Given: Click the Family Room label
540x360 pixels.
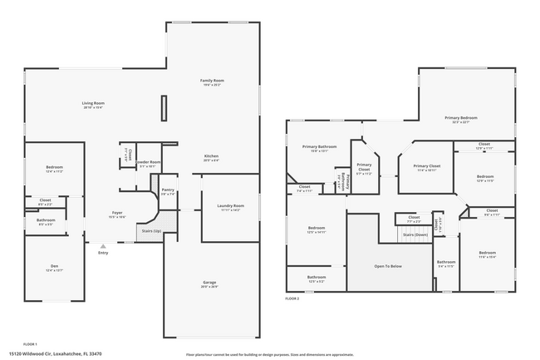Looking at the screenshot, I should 212,81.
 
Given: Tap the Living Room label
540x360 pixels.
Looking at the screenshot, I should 92,103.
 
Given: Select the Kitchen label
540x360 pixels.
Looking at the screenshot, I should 212,156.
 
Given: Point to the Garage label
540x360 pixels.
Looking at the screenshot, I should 209,283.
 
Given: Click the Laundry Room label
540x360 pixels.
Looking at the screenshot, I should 230,205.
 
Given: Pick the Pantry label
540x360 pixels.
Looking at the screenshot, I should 168,190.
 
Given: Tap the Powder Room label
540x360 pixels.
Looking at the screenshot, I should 150,162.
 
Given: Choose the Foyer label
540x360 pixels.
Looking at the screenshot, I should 117,214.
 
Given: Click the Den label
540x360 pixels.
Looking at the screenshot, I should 54,266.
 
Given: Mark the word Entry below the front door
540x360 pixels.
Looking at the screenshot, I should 103,253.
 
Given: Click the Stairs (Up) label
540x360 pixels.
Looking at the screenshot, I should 150,230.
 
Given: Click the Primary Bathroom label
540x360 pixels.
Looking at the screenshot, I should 318,146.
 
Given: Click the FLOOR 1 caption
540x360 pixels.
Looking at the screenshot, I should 30,343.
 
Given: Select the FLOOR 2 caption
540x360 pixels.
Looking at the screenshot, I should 292,298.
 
